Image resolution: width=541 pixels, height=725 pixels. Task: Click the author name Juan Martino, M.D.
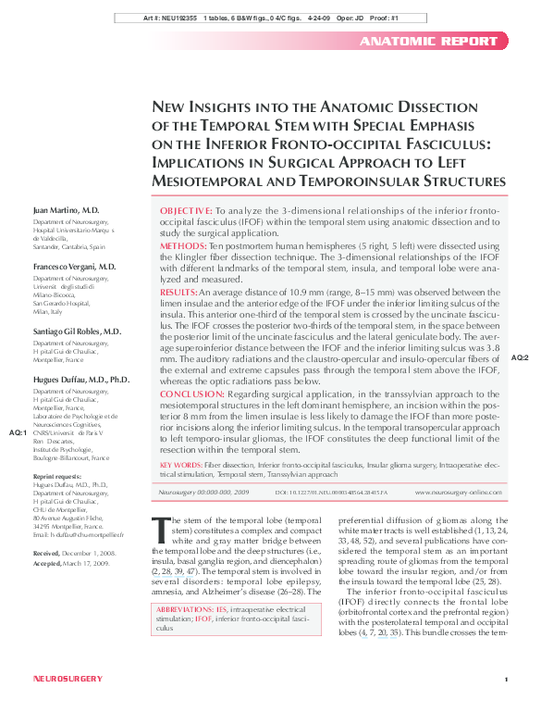67,211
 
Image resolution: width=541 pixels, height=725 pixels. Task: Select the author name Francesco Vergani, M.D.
74,267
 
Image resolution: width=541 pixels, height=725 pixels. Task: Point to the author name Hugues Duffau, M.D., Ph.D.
81,381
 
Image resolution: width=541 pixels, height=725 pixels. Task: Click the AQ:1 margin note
18,432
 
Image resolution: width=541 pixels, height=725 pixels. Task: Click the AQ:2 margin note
520,356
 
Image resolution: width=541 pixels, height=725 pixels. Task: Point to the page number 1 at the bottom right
507,706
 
